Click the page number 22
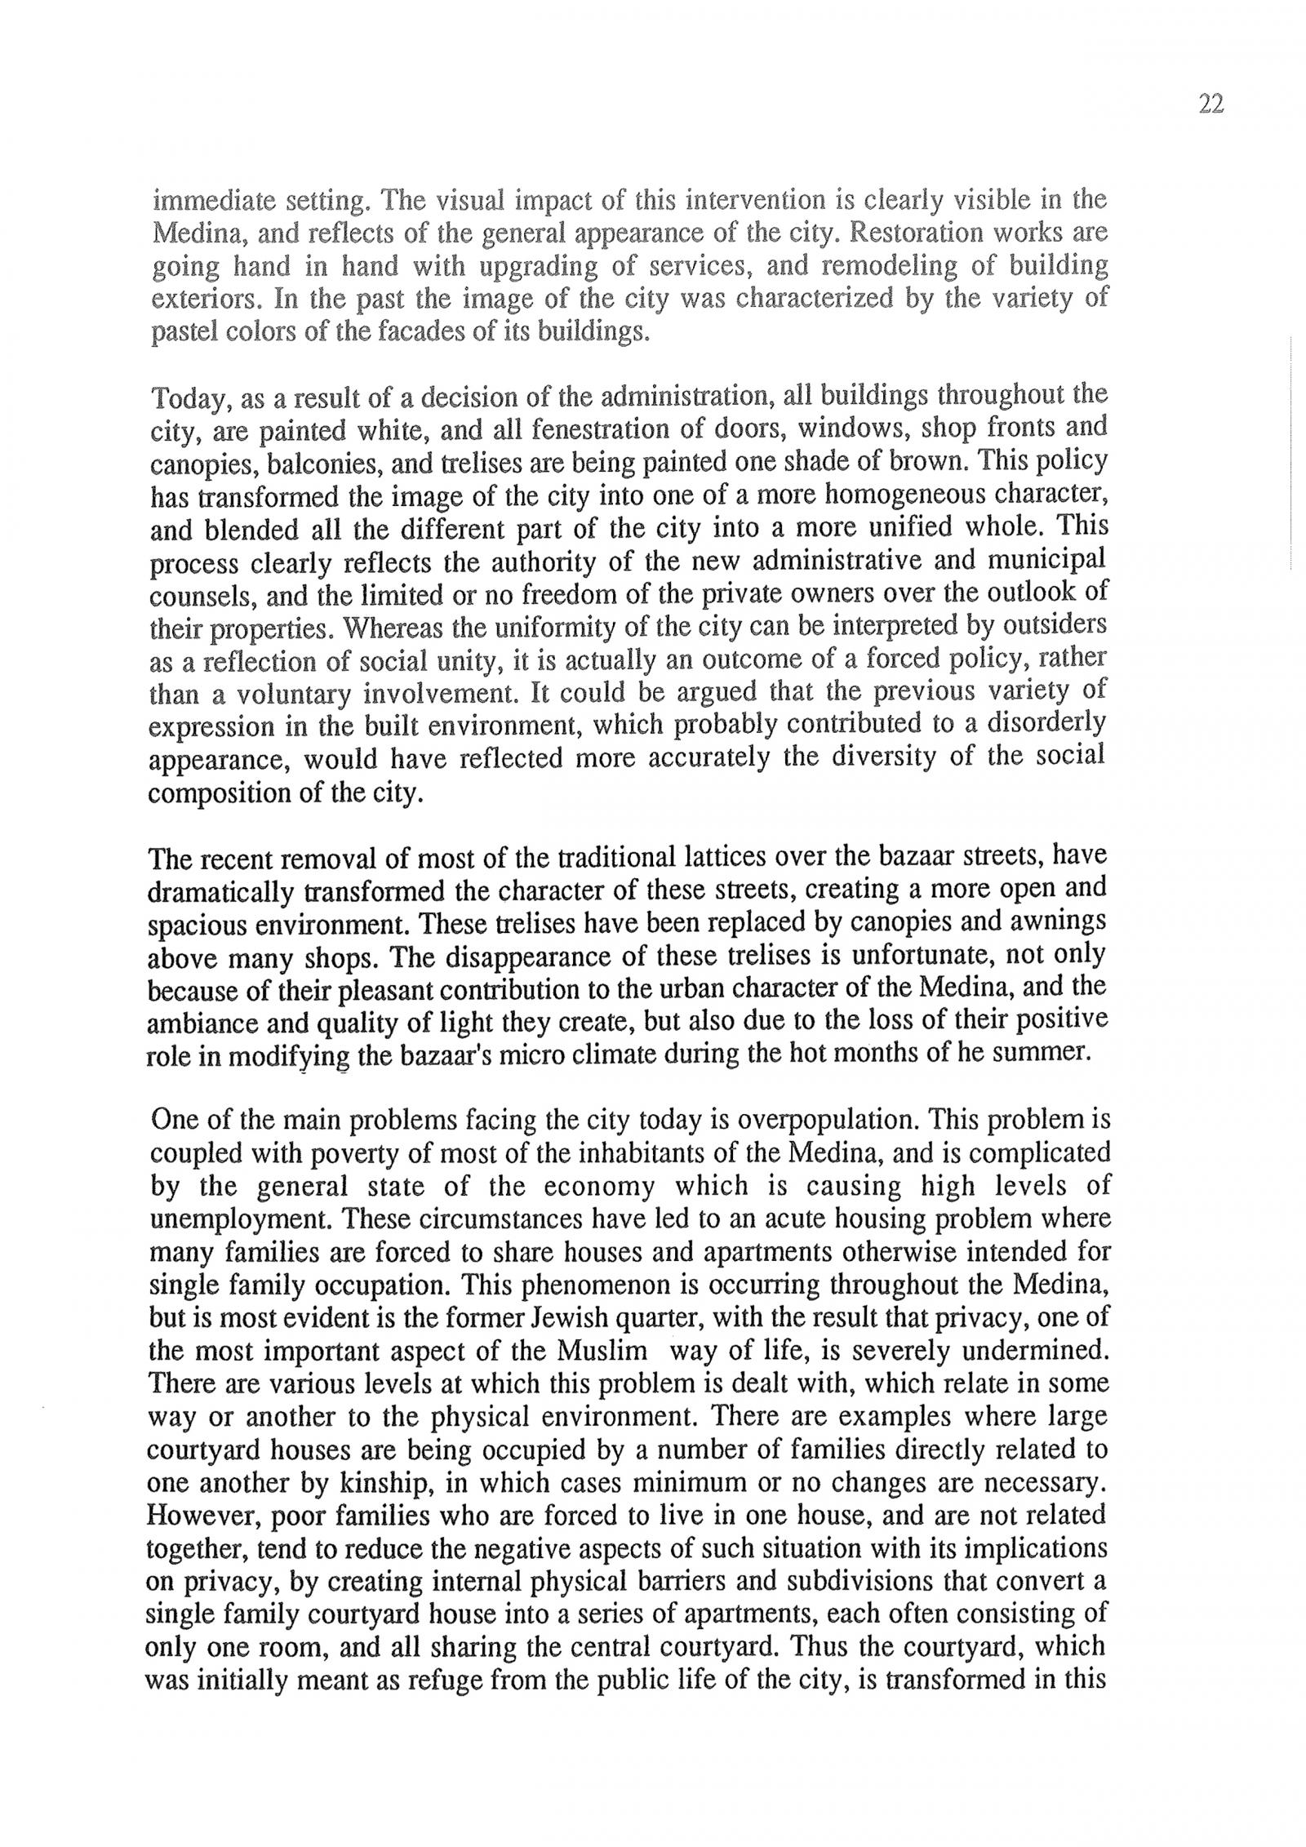[1211, 104]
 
